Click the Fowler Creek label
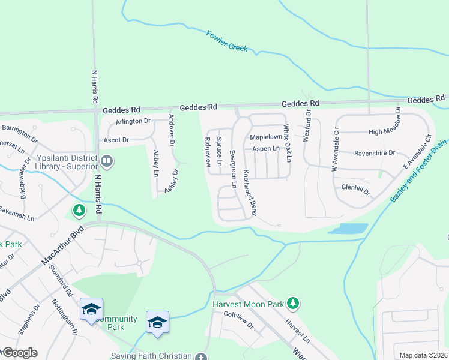(227, 40)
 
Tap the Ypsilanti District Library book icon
(107, 161)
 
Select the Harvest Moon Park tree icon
(292, 304)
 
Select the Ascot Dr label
(116, 140)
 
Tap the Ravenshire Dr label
(375, 153)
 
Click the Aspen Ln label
(266, 148)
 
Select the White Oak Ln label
(288, 143)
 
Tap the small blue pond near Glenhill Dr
(348, 229)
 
